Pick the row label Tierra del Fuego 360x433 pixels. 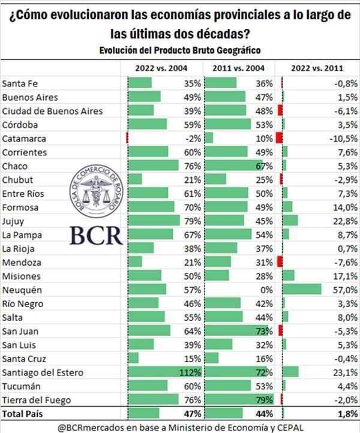37,400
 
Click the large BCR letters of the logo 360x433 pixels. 95,234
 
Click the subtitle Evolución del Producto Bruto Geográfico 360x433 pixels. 180,50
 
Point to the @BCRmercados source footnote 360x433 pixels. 180,426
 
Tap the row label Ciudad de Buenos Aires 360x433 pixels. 53,111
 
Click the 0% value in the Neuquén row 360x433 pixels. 266,290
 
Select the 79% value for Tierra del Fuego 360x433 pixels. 265,400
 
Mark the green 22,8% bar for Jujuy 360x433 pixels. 290,221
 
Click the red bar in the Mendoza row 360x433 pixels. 280,262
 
